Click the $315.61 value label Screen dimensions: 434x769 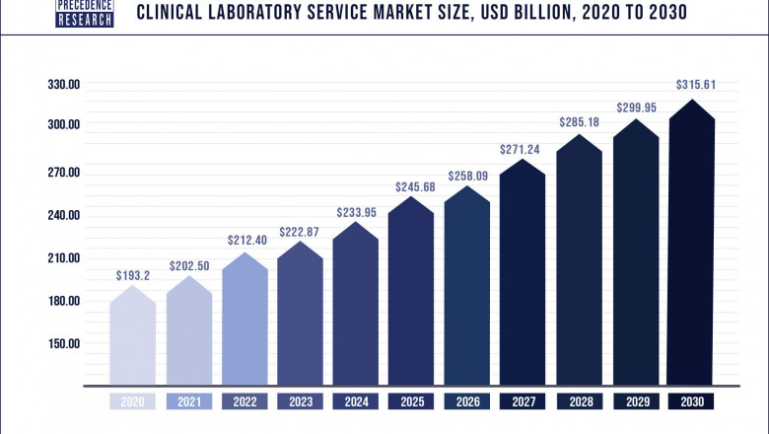click(695, 85)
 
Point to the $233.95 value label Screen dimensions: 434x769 click(355, 210)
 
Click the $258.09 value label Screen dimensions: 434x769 click(467, 175)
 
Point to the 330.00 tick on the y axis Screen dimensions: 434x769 click(63, 85)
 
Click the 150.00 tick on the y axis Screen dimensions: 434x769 click(63, 344)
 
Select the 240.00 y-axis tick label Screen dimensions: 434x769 click(63, 215)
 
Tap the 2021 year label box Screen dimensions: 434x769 click(187, 402)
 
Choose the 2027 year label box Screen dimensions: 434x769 click(523, 402)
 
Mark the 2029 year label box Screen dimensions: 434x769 click(635, 402)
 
